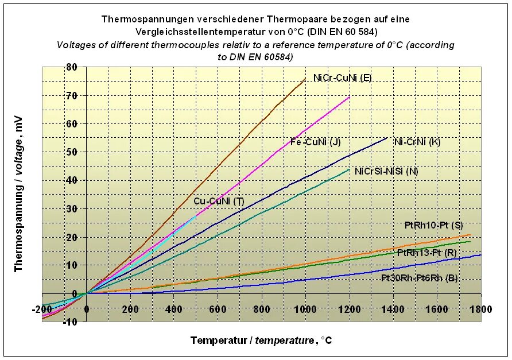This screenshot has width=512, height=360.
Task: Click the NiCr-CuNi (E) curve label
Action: (x=342, y=78)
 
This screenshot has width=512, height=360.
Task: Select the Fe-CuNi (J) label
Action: (x=316, y=142)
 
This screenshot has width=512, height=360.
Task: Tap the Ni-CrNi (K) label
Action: (x=417, y=141)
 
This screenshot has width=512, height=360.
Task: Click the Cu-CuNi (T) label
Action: (x=219, y=201)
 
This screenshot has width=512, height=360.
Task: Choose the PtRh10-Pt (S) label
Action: (x=434, y=224)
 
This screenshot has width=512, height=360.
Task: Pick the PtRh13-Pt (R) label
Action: (x=426, y=252)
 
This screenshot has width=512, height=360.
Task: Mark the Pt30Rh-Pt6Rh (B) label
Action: (x=419, y=278)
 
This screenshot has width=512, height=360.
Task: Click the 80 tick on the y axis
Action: (x=71, y=67)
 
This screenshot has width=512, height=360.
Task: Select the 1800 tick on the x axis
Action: (x=480, y=309)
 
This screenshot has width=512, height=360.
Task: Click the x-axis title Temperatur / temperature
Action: (x=261, y=340)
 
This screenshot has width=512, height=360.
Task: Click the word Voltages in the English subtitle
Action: (x=76, y=45)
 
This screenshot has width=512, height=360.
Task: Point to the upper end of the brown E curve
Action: (x=305, y=78)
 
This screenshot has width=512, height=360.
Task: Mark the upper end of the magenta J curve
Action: (x=350, y=96)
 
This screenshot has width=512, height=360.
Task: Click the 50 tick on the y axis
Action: (x=71, y=152)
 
